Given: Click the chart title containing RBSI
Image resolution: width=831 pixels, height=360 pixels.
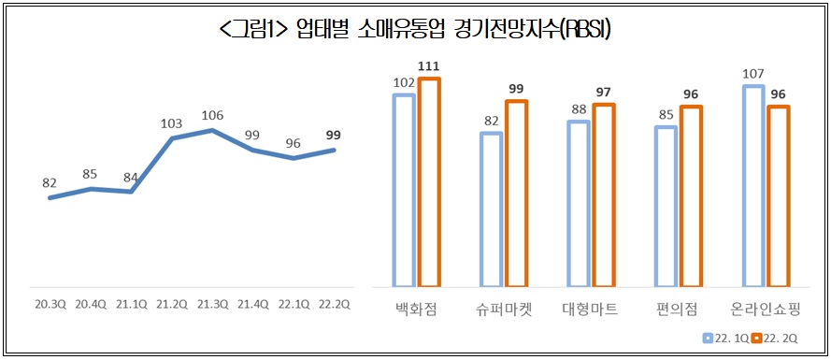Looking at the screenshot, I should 415,30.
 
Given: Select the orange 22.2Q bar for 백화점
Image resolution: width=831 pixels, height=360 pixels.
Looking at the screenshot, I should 429,182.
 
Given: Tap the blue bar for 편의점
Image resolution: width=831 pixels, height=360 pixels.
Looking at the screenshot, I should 666,206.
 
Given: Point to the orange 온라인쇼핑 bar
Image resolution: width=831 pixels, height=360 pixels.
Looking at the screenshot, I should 778,195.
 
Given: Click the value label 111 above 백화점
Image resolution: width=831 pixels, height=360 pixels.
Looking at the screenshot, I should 429,65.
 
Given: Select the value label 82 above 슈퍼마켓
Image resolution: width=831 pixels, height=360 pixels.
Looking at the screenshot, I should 491,120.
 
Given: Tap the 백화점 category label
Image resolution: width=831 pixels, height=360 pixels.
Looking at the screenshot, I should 416,309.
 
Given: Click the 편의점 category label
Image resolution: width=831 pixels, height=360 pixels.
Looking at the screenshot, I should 678,309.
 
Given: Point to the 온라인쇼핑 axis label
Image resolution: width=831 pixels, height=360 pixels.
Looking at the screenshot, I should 766,309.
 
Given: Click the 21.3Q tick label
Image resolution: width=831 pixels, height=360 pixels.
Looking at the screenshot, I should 213,304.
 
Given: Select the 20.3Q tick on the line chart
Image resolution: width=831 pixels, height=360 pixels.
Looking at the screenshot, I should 50,304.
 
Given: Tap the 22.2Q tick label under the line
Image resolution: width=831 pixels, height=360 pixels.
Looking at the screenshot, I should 336,304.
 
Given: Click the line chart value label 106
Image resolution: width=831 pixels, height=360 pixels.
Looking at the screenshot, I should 213,115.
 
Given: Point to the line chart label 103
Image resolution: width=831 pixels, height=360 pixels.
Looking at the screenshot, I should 172,122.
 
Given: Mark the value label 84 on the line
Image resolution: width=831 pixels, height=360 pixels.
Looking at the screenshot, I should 131,177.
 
